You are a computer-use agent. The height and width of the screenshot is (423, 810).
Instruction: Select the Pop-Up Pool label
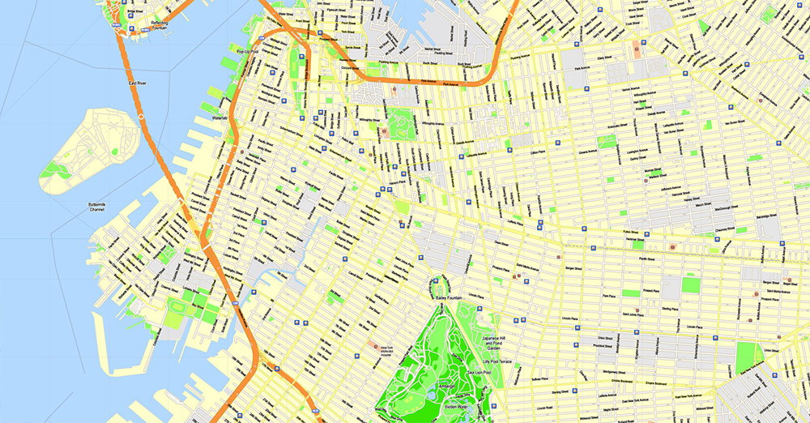point(246,53)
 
